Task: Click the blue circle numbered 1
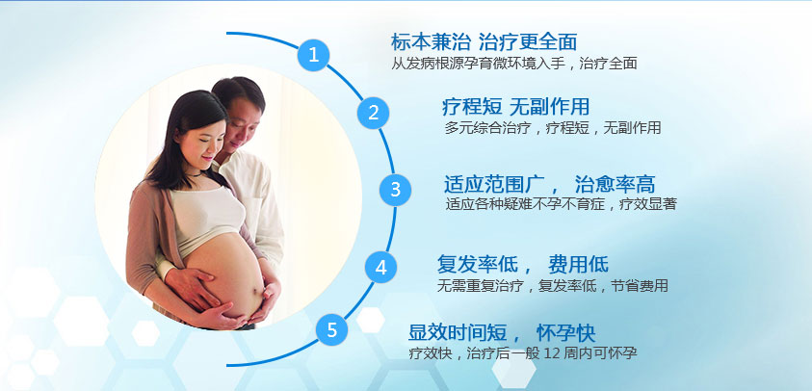click(x=313, y=55)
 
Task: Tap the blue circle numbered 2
click(x=373, y=113)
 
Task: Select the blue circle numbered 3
click(x=395, y=190)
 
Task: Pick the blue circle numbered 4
click(x=380, y=268)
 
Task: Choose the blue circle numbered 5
click(x=332, y=329)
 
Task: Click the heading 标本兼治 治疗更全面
click(x=484, y=41)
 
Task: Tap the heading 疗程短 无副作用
click(x=515, y=107)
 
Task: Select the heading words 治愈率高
click(x=616, y=184)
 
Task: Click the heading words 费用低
click(x=579, y=264)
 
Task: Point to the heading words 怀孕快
click(x=565, y=333)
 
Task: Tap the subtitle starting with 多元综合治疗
click(x=553, y=128)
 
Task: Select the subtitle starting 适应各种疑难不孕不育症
click(x=562, y=204)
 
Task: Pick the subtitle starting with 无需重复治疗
click(x=553, y=285)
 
